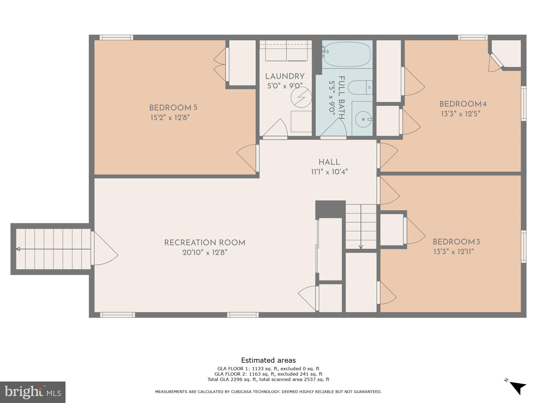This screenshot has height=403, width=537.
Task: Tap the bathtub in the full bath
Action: click(x=347, y=54)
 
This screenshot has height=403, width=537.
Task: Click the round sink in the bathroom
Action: click(x=363, y=119)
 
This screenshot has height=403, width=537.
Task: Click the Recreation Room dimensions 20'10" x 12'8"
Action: click(x=205, y=253)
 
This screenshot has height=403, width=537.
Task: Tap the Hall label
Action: click(x=329, y=162)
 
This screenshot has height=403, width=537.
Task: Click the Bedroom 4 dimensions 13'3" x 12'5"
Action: click(x=460, y=114)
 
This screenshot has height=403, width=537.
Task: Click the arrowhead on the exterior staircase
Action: click(x=18, y=249)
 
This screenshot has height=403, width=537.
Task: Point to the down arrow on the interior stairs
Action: click(x=361, y=247)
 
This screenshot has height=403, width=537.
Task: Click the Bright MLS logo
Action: click(x=33, y=392)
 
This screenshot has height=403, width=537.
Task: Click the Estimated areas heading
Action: click(x=268, y=360)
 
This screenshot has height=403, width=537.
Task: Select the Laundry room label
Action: click(x=285, y=77)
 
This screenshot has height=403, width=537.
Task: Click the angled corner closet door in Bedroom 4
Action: click(x=496, y=61)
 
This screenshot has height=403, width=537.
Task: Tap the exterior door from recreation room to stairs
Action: click(x=93, y=248)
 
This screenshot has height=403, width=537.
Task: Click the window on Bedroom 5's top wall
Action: click(x=116, y=37)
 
